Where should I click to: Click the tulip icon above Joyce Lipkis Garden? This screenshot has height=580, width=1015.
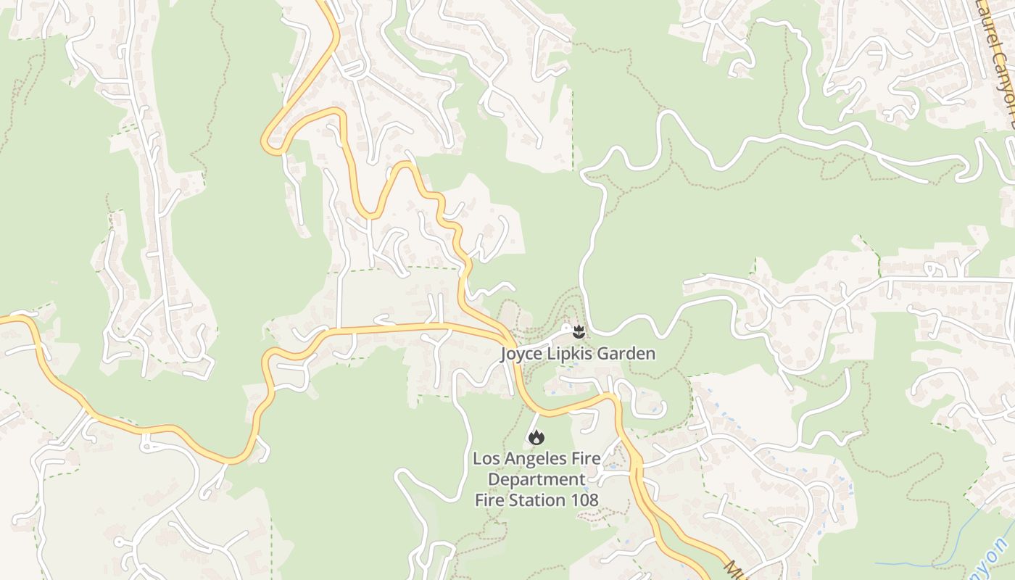click(x=579, y=332)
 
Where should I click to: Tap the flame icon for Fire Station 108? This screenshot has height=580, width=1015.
click(x=536, y=437)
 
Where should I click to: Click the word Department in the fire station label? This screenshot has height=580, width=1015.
click(x=536, y=479)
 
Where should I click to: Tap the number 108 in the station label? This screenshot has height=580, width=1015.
click(x=583, y=500)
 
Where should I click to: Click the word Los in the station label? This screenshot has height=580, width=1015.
click(x=485, y=458)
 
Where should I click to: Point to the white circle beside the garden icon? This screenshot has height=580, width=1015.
click(x=565, y=328)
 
